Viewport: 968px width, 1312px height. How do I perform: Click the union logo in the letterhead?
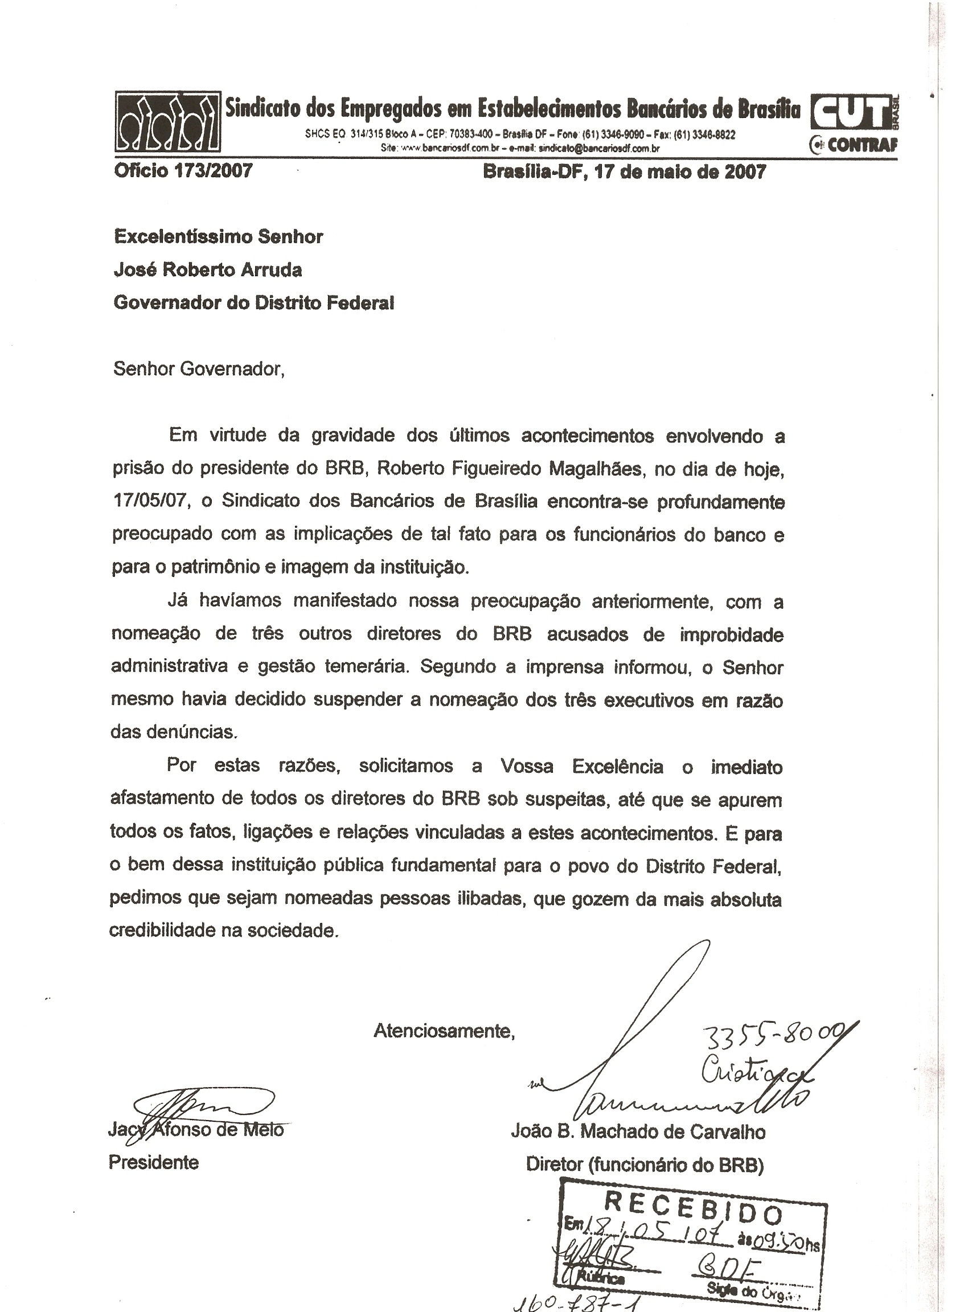pyautogui.click(x=167, y=122)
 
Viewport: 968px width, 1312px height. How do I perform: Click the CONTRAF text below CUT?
pyautogui.click(x=861, y=145)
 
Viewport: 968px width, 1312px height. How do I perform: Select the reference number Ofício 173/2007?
pyautogui.click(x=183, y=171)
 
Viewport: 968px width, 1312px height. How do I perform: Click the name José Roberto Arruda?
pyautogui.click(x=208, y=269)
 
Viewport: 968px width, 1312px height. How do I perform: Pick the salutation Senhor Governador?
pyautogui.click(x=199, y=368)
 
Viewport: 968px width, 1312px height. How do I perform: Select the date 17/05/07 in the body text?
pyautogui.click(x=150, y=502)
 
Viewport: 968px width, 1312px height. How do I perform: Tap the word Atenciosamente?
pyautogui.click(x=444, y=1031)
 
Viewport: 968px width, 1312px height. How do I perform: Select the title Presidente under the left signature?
pyautogui.click(x=154, y=1162)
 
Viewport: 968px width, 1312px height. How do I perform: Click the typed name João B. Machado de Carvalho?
pyautogui.click(x=638, y=1131)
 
